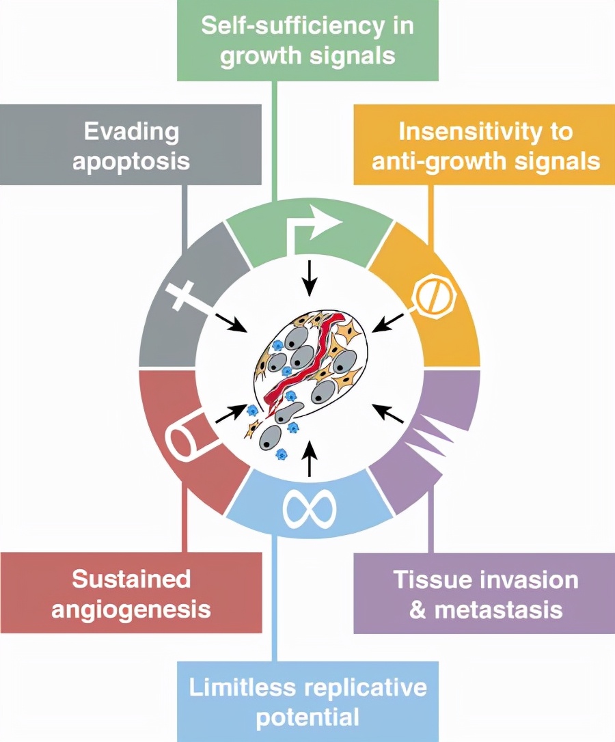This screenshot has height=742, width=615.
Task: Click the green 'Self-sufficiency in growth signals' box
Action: coord(307,40)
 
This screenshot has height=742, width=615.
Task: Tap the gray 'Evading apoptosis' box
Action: coord(132,145)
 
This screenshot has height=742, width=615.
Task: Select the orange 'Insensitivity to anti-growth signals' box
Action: coord(484,145)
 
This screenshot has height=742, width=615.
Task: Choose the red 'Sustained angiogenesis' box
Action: coord(132,593)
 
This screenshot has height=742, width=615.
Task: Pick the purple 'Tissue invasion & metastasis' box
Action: coord(484,593)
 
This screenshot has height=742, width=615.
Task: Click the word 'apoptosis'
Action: coord(132,161)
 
